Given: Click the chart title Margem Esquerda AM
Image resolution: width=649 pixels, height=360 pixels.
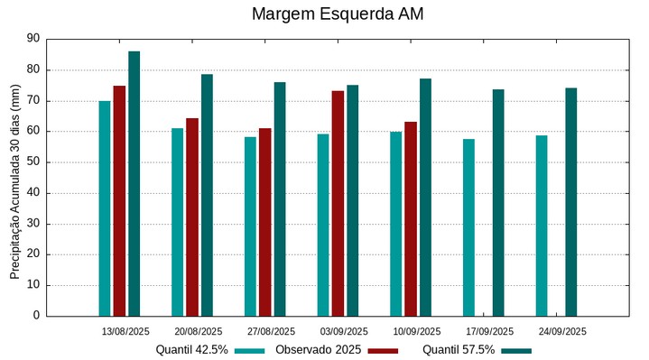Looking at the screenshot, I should pos(337,14).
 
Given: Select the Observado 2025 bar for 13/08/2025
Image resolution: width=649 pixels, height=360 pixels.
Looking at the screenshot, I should pos(119,200).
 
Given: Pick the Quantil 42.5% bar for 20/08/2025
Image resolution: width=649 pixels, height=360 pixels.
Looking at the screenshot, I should pos(177,222).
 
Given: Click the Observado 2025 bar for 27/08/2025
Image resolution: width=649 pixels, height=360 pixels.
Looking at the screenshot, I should pos(264,222).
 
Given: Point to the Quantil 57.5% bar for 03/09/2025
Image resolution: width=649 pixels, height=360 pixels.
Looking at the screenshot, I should pos(352,200).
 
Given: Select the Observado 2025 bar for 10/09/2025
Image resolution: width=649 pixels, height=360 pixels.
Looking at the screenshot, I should pos(411,218).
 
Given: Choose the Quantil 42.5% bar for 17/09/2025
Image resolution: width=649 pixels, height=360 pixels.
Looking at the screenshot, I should pos(468,227).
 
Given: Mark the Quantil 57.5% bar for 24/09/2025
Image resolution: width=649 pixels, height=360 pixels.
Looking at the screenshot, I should pos(570,201).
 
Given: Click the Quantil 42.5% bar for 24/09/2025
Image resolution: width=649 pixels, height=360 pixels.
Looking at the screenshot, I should pos(542,226).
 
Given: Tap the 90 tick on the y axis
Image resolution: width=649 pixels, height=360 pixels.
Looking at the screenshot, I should pos(34,39).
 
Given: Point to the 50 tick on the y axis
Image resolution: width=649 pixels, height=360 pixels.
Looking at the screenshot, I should pos(34,162).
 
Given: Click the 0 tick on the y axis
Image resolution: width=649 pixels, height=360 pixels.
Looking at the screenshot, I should pos(37,316).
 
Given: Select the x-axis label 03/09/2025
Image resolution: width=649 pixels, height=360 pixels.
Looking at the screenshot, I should pos(344,331).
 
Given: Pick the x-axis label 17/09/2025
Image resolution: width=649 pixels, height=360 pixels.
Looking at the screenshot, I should pos(489,331).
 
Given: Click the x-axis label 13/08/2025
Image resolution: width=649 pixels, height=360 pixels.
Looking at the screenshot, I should pos(125,331).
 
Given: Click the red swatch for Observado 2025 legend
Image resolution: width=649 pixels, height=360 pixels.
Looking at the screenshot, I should pos(383,350).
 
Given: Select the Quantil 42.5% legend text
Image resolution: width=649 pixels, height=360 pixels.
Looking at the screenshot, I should pos(191,350).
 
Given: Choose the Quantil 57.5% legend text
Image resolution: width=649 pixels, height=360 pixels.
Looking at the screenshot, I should pos(459,350).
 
